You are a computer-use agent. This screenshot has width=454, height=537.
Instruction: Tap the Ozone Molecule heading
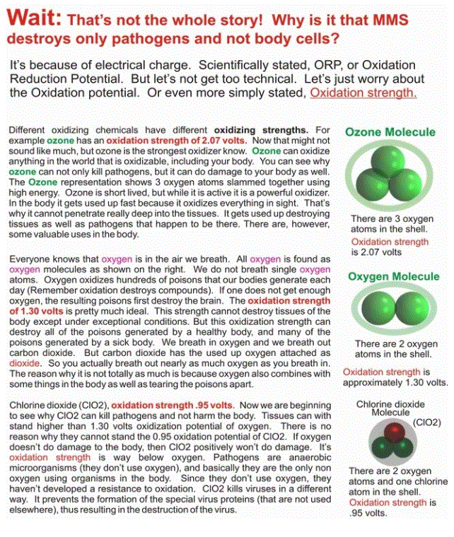coord(390,132)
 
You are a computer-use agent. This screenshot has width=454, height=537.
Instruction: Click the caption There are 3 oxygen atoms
coord(392,224)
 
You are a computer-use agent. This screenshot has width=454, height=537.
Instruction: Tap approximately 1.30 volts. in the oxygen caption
coord(395,382)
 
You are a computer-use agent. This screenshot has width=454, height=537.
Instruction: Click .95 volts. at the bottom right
coord(368,514)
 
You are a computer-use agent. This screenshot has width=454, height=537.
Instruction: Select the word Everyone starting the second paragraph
coord(29,259)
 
